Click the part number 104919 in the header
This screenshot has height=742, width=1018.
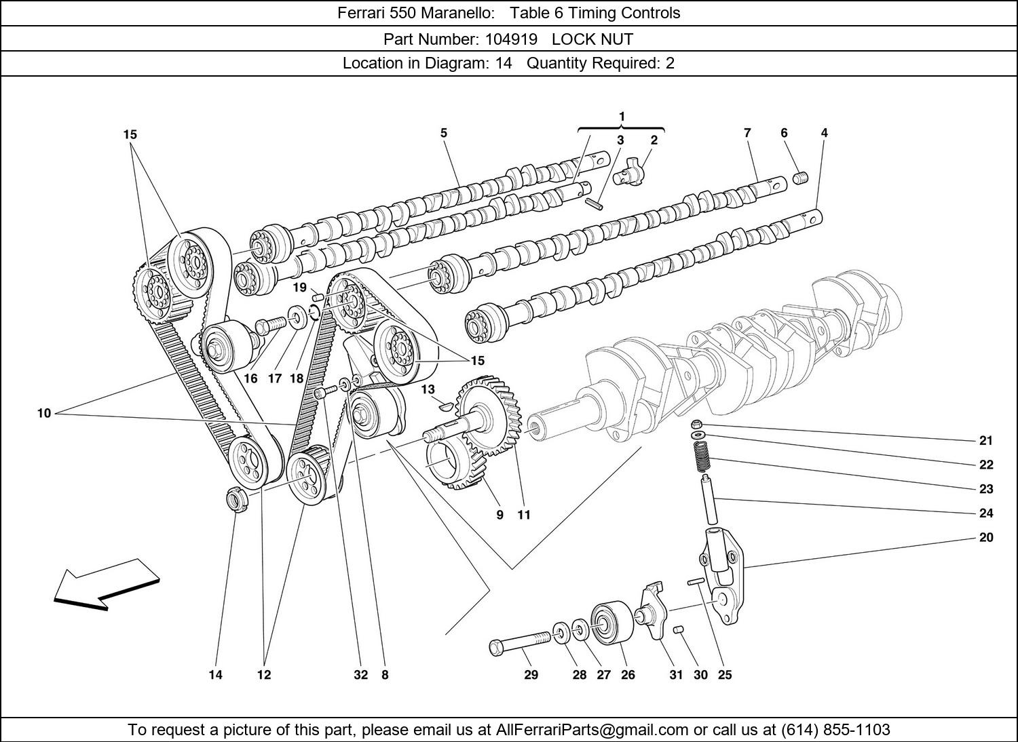[x=510, y=39]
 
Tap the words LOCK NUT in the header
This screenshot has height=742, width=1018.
[x=592, y=39]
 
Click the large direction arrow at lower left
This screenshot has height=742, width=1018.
[x=105, y=583]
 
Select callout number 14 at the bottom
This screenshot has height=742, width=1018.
[x=215, y=674]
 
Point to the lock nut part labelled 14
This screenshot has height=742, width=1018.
[x=235, y=501]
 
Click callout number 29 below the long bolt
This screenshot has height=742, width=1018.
[x=531, y=674]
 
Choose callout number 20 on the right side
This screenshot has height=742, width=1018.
[x=986, y=537]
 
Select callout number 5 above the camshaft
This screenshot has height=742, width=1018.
[x=444, y=133]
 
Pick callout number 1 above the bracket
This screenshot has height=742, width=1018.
[x=622, y=117]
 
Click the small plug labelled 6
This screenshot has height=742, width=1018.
[x=802, y=178]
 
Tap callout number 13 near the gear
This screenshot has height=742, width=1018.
[x=428, y=389]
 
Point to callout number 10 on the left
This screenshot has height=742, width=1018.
[x=44, y=413]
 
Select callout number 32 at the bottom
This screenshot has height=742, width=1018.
[x=360, y=674]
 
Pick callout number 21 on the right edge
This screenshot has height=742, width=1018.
[x=986, y=440]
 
